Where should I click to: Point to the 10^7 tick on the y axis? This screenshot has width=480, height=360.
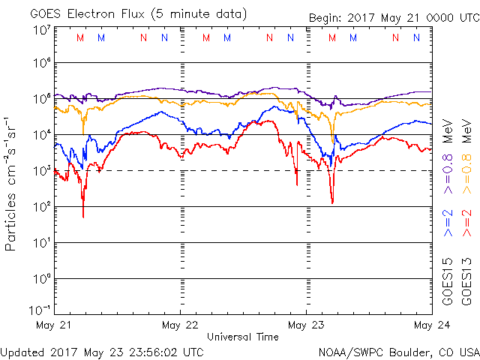pyautogui.click(x=41, y=30)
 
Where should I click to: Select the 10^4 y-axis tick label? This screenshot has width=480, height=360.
pyautogui.click(x=41, y=134)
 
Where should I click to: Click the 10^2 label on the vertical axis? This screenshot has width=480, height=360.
pyautogui.click(x=41, y=206)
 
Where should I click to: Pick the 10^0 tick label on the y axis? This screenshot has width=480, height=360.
pyautogui.click(x=41, y=278)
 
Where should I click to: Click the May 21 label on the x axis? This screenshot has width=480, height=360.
pyautogui.click(x=54, y=325)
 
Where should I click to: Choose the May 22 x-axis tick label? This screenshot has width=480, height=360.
pyautogui.click(x=180, y=325)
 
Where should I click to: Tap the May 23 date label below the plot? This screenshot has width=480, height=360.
pyautogui.click(x=306, y=325)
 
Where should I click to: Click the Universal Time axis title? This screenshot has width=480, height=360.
pyautogui.click(x=243, y=337)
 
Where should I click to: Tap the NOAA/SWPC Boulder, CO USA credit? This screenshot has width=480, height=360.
pyautogui.click(x=398, y=351)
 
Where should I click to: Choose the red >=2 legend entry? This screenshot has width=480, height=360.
pyautogui.click(x=466, y=223)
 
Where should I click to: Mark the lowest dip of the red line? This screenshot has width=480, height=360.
pyautogui.click(x=83, y=217)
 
